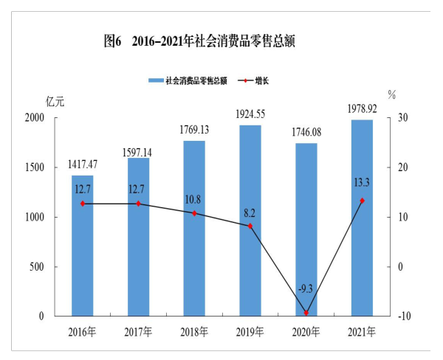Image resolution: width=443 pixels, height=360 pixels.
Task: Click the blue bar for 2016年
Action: (83, 246)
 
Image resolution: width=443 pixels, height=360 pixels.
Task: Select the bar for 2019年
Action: (250, 221)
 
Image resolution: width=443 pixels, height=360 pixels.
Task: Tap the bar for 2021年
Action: (362, 218)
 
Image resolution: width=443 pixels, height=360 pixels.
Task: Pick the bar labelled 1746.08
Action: (306, 229)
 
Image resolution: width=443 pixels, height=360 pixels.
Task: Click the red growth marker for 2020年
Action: (306, 313)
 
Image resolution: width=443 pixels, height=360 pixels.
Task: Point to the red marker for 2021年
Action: (362, 201)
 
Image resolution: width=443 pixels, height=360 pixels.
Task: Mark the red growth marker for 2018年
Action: (194, 213)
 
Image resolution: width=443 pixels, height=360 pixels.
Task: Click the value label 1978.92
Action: (362, 109)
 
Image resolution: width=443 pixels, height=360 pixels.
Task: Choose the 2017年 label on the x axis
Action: (138, 332)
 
